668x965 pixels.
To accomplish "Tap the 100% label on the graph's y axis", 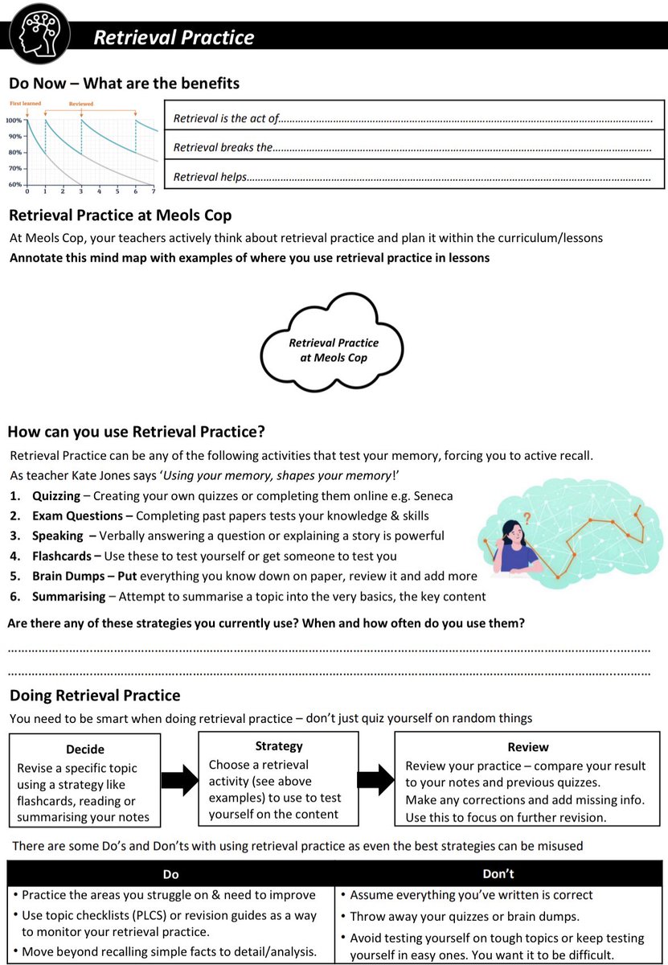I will [14, 120].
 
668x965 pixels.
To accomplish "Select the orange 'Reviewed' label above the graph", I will [81, 104].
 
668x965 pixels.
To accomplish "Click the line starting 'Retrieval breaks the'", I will [412, 148].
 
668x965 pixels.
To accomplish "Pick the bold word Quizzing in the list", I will [56, 495].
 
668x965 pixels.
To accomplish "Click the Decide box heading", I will [85, 749].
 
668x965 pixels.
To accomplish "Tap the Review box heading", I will [528, 747].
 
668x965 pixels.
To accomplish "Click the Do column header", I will [170, 873].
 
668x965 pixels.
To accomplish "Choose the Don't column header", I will [498, 873].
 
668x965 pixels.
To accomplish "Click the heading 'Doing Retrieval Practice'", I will [95, 695].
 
